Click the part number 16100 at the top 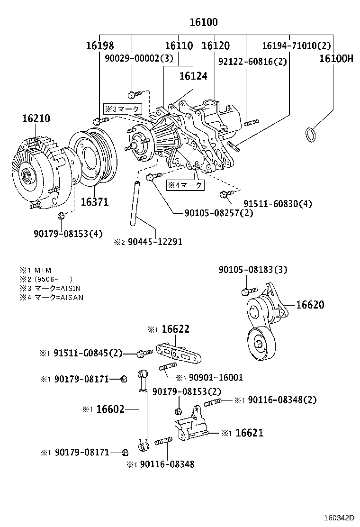pyautogui.click(x=204, y=22)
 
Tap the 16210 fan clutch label pyautogui.click(x=36, y=118)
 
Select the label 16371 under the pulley pyautogui.click(x=94, y=202)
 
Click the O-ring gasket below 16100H pyautogui.click(x=310, y=135)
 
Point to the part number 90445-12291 pyautogui.click(x=154, y=242)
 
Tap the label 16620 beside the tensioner pyautogui.click(x=310, y=305)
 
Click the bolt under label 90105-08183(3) pyautogui.click(x=246, y=291)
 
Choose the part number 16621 pyautogui.click(x=249, y=433)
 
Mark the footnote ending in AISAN pyautogui.click(x=52, y=298)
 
